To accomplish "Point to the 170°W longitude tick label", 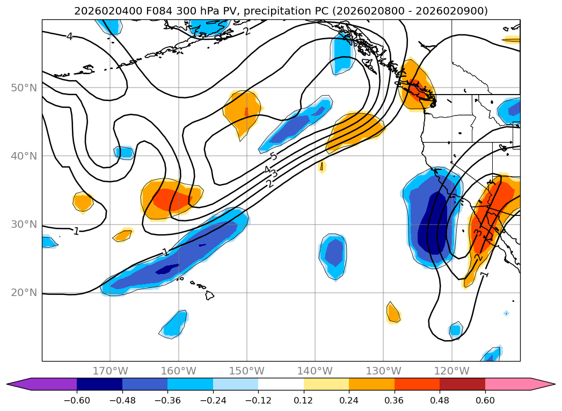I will [x=110, y=371].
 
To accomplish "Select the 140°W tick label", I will [x=315, y=371].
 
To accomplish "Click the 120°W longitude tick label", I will [x=451, y=371].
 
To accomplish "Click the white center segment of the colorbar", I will [x=281, y=384].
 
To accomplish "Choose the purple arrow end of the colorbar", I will [x=16, y=384].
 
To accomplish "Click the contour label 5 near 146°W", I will [x=273, y=156].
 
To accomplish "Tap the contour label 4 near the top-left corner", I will [x=69, y=37].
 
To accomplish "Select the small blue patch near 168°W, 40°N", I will [x=124, y=153].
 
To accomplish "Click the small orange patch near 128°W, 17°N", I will [x=393, y=313].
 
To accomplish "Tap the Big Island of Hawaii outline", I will [x=209, y=295].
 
